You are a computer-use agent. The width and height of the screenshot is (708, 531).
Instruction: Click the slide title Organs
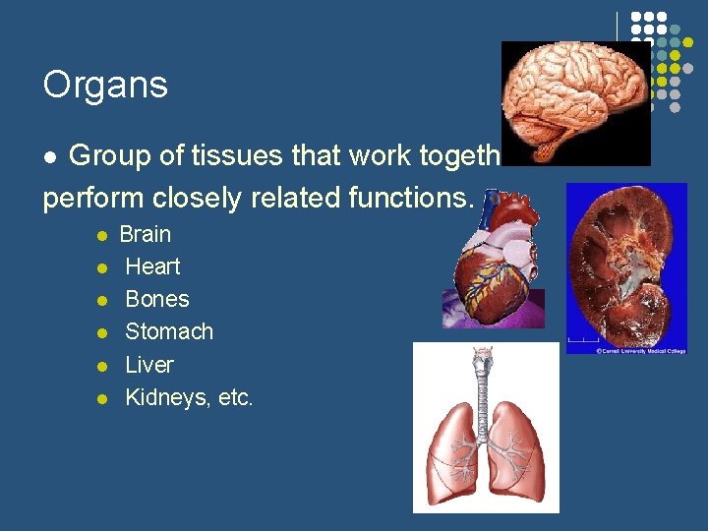point(105,86)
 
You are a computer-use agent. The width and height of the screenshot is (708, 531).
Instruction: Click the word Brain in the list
point(145,235)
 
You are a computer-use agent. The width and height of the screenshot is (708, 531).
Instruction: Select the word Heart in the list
point(152,266)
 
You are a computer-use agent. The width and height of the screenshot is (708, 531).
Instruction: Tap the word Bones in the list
point(157,299)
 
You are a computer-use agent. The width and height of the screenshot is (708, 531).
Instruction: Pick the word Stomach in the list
point(169,331)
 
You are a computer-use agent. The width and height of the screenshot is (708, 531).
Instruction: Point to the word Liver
point(149,365)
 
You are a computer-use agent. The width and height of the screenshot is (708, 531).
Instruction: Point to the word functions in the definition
point(412,197)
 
